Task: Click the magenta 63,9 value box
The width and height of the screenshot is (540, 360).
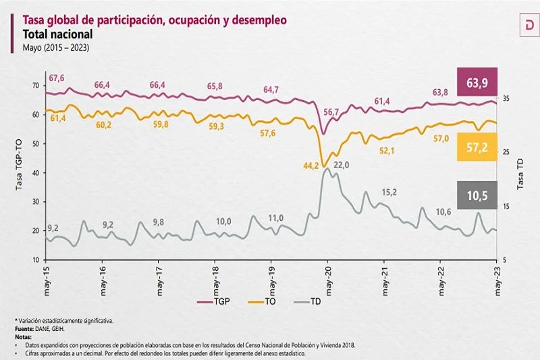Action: pos(477,83)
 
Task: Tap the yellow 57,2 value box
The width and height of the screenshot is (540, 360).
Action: pos(477,147)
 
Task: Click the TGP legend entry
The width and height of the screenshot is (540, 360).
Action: pos(215,301)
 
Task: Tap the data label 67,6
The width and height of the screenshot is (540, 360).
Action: pos(57,78)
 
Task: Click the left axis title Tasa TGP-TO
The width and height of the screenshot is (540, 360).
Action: pos(20,171)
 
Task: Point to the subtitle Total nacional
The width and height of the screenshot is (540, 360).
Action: pos(57,34)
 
